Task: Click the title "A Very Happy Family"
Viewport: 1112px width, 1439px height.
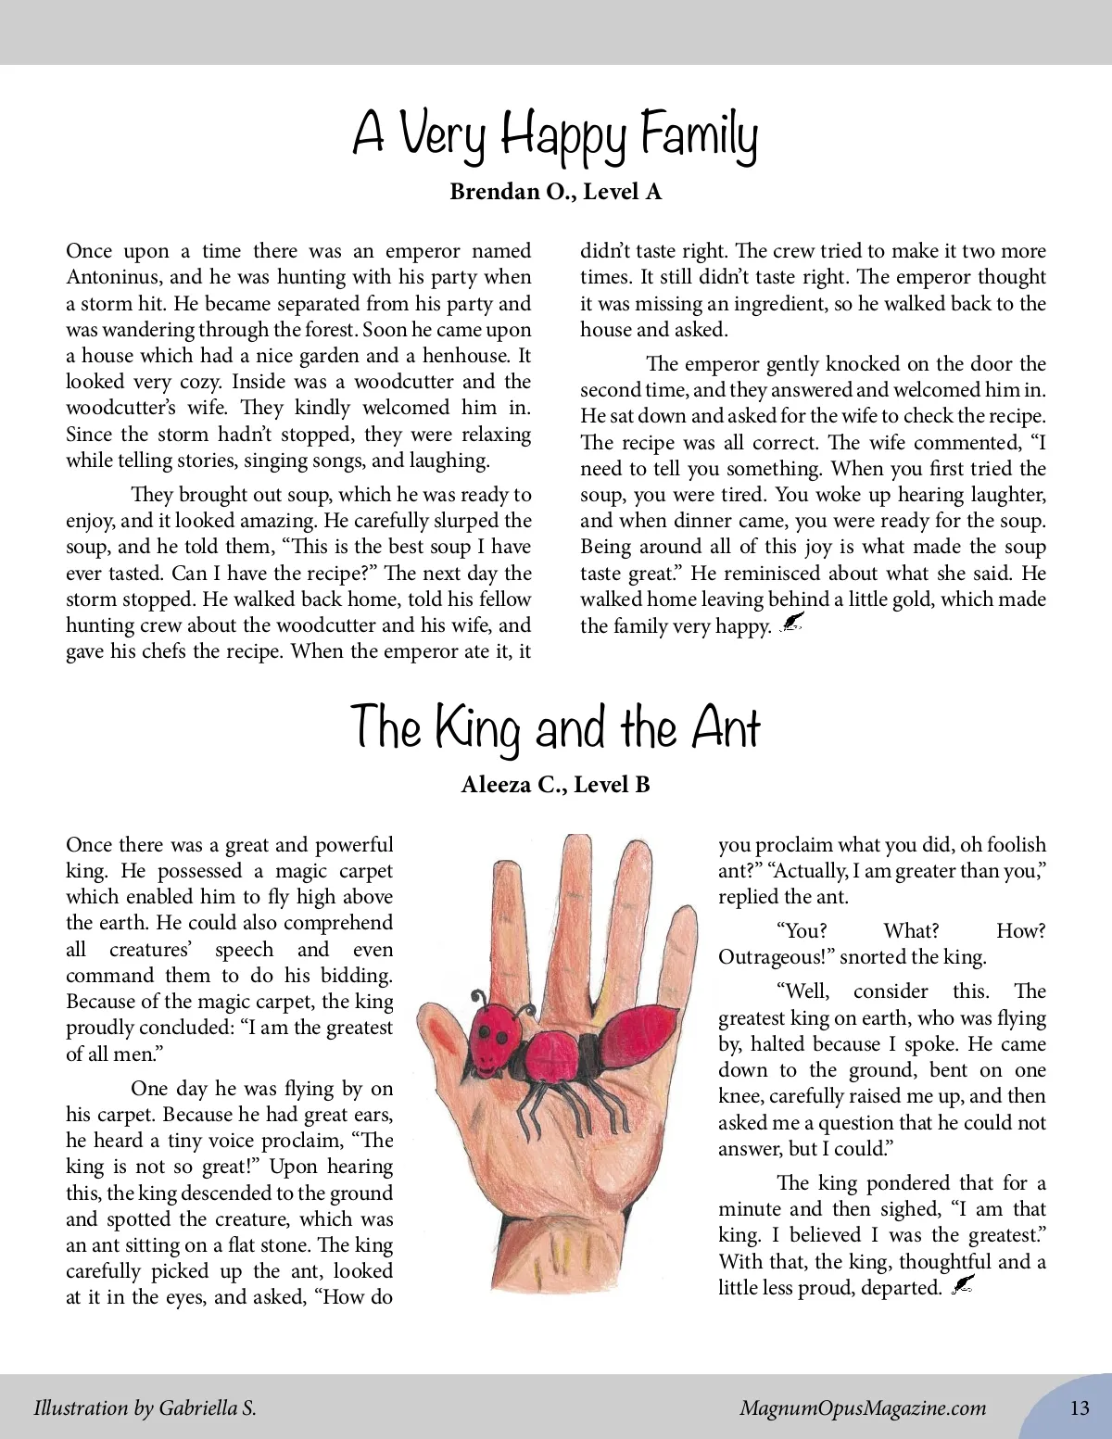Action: (x=555, y=135)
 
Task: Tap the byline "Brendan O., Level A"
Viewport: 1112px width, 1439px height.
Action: (x=555, y=192)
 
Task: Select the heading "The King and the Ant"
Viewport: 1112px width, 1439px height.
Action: (x=555, y=727)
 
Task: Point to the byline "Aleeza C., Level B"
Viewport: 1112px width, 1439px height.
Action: (x=555, y=785)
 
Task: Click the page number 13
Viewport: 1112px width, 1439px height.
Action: (x=1080, y=1408)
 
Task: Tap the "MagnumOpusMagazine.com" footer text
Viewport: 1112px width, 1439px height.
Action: (x=862, y=1408)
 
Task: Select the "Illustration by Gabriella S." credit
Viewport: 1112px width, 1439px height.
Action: (x=145, y=1408)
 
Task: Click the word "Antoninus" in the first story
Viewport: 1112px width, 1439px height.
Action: (x=112, y=277)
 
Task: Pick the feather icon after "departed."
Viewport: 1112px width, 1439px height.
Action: (x=963, y=1285)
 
